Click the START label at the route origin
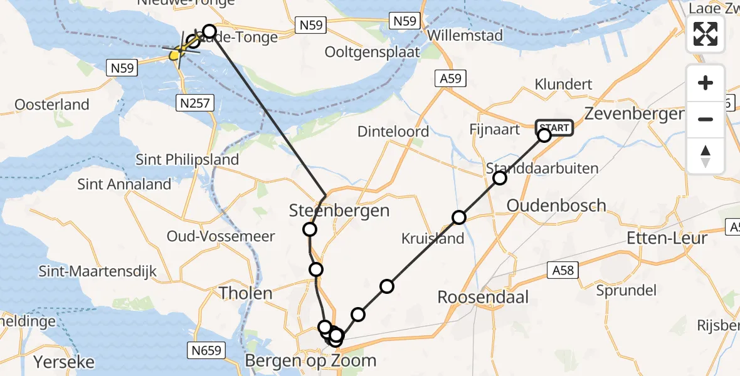(x=554, y=128)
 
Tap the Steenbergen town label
(x=339, y=211)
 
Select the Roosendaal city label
(x=483, y=296)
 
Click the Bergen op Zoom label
(x=311, y=360)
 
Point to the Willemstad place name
(x=465, y=35)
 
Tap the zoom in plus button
(x=706, y=83)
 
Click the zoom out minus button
(x=706, y=119)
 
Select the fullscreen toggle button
(x=706, y=33)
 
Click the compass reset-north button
(x=706, y=156)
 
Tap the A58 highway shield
(x=563, y=270)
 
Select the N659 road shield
(x=206, y=350)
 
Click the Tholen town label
(x=245, y=293)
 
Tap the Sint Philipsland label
(x=188, y=159)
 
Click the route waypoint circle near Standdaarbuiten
(x=500, y=178)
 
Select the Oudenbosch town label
(x=556, y=206)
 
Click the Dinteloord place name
(x=393, y=132)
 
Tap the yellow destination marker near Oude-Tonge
(x=175, y=56)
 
